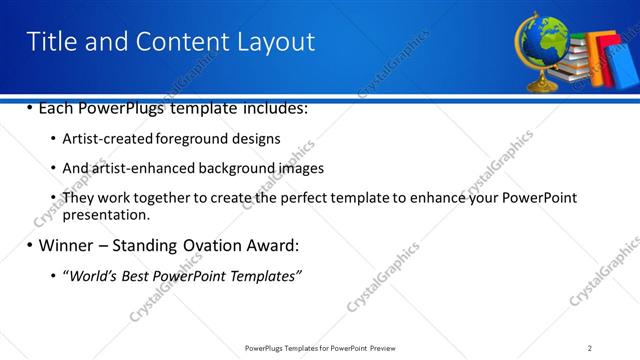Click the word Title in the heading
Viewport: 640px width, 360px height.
coord(49,41)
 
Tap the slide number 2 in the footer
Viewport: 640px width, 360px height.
coord(590,347)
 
